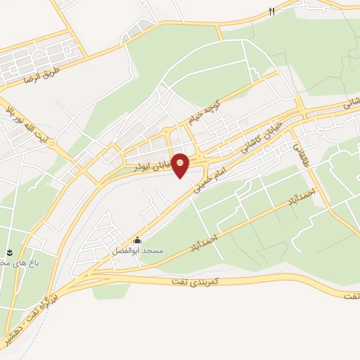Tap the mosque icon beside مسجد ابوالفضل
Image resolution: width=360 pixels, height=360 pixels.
[137, 240]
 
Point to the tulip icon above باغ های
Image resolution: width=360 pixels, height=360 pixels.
[10, 252]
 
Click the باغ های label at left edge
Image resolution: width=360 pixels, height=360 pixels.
[13, 263]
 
